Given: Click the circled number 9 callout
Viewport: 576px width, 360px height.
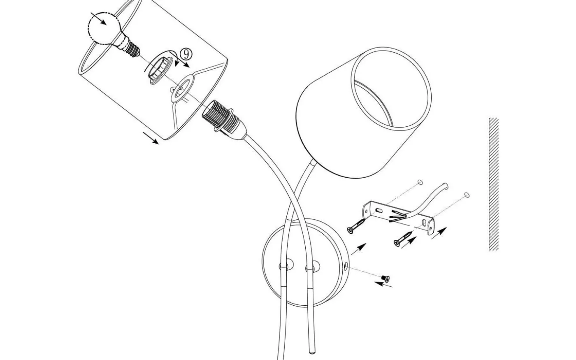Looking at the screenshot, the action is coord(186,54).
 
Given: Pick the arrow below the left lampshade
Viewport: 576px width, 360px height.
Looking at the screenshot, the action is coord(151,138).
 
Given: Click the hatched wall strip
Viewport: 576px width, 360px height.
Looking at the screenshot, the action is coord(494,184).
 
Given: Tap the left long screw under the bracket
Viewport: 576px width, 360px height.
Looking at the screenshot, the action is coord(356,226).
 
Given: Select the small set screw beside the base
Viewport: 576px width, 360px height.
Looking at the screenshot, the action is coord(385,279).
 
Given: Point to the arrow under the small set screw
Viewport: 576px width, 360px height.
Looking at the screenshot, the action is coord(383,285).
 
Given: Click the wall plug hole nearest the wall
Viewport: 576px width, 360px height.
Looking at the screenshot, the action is coord(467,195).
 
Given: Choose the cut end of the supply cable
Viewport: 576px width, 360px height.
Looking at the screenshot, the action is coord(446,186).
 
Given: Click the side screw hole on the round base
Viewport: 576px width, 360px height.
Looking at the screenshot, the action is coord(346,266).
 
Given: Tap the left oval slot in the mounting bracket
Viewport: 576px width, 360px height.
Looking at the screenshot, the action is coord(379,211).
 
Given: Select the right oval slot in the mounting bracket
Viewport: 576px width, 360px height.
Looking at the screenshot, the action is coord(424,223).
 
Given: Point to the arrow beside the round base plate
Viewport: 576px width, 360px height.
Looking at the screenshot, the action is coord(358,249).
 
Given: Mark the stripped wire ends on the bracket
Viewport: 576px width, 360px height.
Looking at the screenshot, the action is coord(397,216).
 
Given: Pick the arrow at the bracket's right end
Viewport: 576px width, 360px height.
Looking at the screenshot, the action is coord(439,233).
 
